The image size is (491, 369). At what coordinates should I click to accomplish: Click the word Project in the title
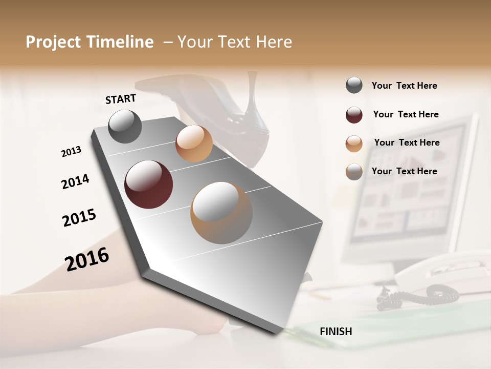53,42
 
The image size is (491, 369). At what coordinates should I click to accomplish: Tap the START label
121,99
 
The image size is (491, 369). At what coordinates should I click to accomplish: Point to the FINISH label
336,332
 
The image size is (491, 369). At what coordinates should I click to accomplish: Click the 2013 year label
71,152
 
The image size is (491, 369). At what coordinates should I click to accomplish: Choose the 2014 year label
75,181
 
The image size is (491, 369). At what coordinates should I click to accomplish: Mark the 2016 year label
87,259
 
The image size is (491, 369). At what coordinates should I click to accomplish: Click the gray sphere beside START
125,126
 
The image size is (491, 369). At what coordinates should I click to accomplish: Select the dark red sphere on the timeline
148,184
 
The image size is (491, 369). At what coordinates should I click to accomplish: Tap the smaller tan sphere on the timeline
194,143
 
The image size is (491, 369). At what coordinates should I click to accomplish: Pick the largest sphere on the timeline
221,213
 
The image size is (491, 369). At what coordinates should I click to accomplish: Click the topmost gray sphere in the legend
354,86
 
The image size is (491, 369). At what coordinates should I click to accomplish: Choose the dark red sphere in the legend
354,115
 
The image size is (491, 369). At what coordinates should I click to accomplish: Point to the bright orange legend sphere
354,143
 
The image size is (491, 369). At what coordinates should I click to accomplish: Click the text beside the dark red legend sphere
406,114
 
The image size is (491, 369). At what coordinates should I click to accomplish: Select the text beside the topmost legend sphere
404,86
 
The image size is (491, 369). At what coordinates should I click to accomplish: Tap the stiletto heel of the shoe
253,92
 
